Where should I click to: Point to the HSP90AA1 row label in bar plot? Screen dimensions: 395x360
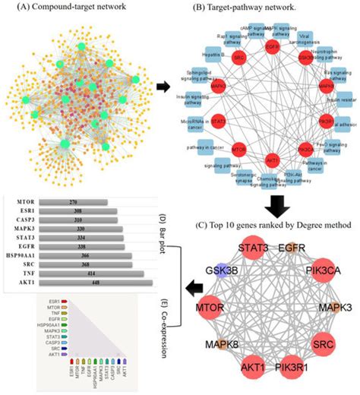pos(21,256)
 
